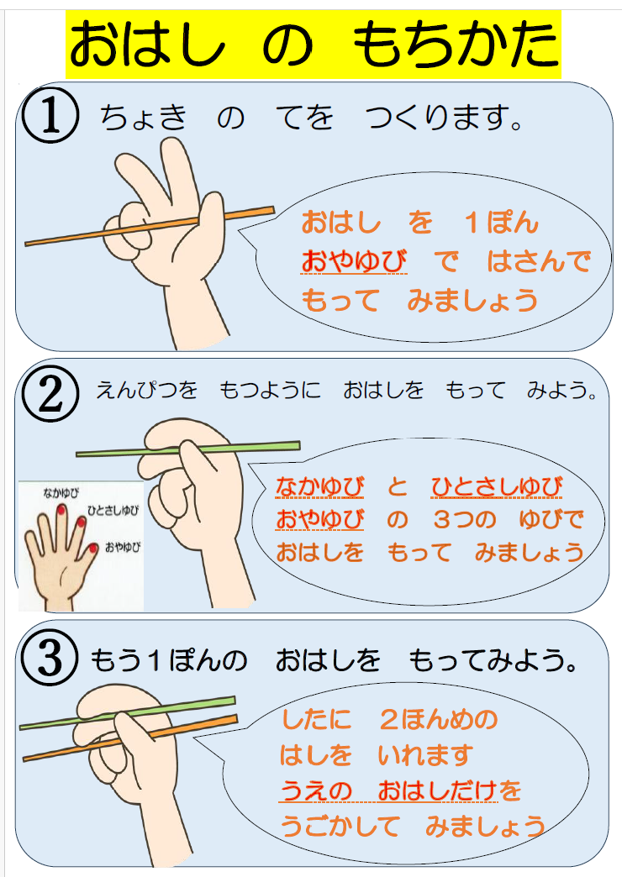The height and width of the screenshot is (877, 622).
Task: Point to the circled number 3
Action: [51, 659]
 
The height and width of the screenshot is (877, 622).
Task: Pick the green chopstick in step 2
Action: [109, 452]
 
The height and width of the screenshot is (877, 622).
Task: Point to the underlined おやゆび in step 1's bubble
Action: [354, 262]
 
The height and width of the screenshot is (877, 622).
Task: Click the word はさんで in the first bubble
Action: [538, 262]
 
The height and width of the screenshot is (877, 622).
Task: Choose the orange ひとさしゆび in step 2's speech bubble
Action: [497, 486]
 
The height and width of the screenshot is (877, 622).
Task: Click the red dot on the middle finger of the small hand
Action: [61, 510]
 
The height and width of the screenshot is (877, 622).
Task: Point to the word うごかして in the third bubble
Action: [340, 827]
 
